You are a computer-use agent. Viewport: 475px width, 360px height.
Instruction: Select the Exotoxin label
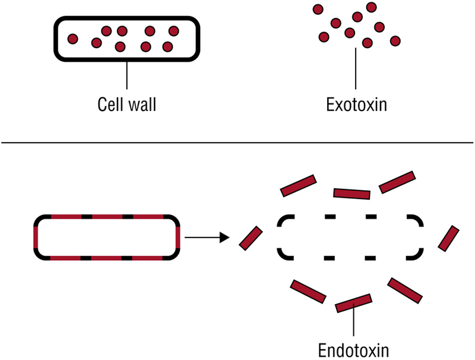click(356, 105)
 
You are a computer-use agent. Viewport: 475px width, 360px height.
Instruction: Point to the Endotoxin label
click(353, 348)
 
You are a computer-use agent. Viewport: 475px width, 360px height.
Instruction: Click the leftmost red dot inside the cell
click(72, 39)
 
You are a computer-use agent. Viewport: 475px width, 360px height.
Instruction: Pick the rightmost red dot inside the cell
click(173, 31)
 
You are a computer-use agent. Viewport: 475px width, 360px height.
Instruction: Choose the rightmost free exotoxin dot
click(395, 40)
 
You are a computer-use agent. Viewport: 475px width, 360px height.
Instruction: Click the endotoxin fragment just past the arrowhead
click(251, 238)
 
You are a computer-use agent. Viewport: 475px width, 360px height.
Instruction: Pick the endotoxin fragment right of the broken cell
click(449, 238)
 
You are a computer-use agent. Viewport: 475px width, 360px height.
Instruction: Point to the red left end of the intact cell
click(36, 238)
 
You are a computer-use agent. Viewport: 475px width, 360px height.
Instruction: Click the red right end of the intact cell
click(178, 238)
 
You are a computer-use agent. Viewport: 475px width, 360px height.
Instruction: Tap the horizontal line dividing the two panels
click(237, 143)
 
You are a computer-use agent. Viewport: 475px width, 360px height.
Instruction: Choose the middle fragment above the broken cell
click(351, 193)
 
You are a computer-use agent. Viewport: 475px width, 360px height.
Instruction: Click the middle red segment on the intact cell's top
click(107, 217)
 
